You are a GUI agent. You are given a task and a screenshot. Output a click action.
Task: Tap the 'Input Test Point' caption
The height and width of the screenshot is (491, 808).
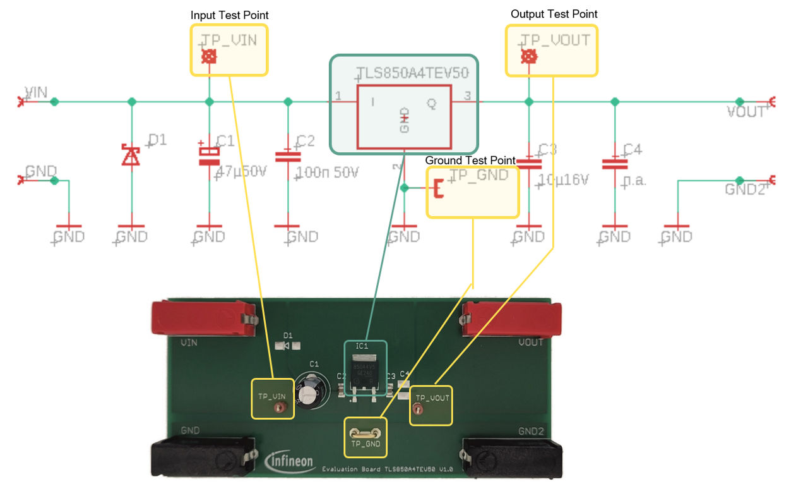(229, 15)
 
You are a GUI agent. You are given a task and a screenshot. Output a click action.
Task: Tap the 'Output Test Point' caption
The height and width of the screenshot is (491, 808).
(554, 14)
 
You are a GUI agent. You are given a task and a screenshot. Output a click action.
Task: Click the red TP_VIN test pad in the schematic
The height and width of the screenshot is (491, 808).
(209, 58)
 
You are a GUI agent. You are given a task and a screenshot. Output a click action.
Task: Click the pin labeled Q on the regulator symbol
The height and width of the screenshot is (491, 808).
(432, 102)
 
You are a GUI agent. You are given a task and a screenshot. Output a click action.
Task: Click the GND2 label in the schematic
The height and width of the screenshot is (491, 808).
(745, 190)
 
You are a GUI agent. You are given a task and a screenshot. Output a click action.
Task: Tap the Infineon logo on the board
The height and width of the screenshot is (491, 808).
(290, 461)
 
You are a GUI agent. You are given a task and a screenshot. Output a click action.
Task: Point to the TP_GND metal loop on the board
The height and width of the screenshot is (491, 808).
(365, 433)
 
